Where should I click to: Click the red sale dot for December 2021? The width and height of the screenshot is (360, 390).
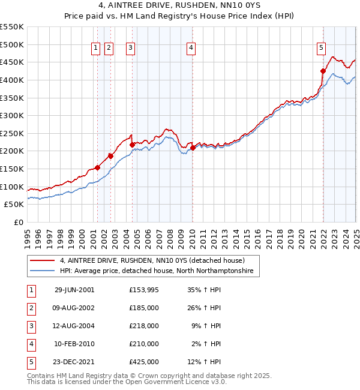[x=323, y=71]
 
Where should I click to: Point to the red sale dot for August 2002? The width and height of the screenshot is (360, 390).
[x=110, y=156]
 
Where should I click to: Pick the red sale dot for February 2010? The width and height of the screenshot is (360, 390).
[x=193, y=148]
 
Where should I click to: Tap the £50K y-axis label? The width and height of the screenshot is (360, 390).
[x=14, y=205]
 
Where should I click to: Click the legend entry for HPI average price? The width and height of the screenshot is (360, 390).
[x=156, y=271]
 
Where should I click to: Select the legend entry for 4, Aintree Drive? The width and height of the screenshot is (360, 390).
[x=152, y=261]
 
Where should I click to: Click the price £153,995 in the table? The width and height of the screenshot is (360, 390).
[x=143, y=290]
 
